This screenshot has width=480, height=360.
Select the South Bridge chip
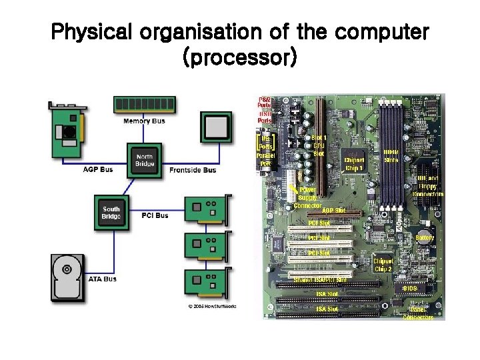(111, 213)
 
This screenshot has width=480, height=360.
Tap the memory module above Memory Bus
(144, 105)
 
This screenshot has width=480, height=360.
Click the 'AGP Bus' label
(98, 170)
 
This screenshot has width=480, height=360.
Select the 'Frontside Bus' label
(193, 171)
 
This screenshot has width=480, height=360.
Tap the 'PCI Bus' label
(155, 215)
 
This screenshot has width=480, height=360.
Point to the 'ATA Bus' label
(102, 279)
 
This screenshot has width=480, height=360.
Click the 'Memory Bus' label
(144, 121)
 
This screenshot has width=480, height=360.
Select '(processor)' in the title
(239, 58)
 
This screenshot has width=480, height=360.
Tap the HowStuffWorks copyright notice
(212, 306)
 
